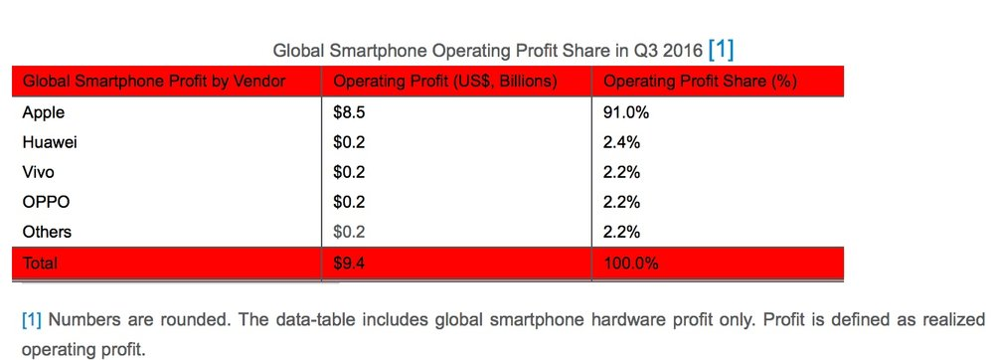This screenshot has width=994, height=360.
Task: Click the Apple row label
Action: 43,113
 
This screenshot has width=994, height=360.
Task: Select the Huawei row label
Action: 50,142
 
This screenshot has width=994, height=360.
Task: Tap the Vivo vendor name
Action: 38,172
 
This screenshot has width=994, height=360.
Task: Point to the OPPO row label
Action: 46,202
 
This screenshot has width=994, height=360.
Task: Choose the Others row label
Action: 47,232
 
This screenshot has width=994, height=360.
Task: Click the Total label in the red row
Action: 40,263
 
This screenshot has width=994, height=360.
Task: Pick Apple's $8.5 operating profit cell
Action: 349,113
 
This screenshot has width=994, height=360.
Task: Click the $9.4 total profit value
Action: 349,263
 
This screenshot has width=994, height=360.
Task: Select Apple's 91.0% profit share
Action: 626,113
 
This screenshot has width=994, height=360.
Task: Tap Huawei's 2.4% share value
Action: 622,142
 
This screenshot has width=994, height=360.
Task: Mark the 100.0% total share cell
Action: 631,263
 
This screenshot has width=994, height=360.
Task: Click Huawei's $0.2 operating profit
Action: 349,142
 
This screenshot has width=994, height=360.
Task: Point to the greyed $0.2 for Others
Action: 349,232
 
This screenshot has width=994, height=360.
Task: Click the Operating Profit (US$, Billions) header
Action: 445,82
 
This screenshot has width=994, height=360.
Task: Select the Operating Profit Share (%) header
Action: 701,82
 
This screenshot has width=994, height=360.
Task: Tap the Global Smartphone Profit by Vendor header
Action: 154,82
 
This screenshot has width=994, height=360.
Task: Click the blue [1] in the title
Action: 721,49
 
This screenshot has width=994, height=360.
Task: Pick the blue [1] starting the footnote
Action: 32,320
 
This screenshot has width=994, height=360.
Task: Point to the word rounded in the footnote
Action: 198,320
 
